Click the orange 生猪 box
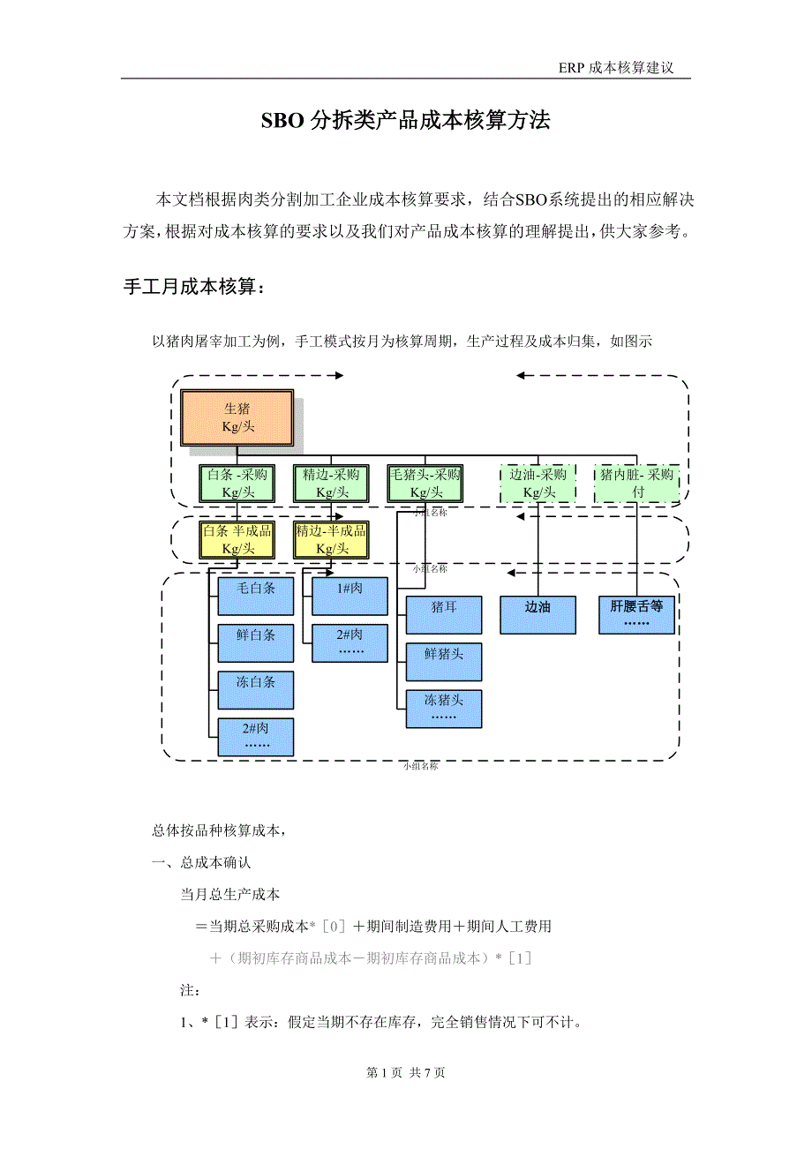point(237,417)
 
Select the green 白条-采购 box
point(237,484)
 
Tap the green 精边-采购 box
point(331,484)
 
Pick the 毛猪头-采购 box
point(425,484)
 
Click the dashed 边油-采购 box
point(538,484)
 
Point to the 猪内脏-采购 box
point(636,484)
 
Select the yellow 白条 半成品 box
point(237,539)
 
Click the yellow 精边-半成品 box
point(331,539)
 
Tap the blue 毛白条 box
point(256,596)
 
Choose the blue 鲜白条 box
point(256,642)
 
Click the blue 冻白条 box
point(256,690)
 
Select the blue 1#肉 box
point(350,596)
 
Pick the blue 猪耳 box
point(444,615)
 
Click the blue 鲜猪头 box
point(444,662)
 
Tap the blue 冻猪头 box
point(444,709)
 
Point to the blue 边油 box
point(538,615)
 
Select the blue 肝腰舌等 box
point(636,615)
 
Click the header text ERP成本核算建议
point(616,68)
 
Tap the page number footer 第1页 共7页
point(406,1072)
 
